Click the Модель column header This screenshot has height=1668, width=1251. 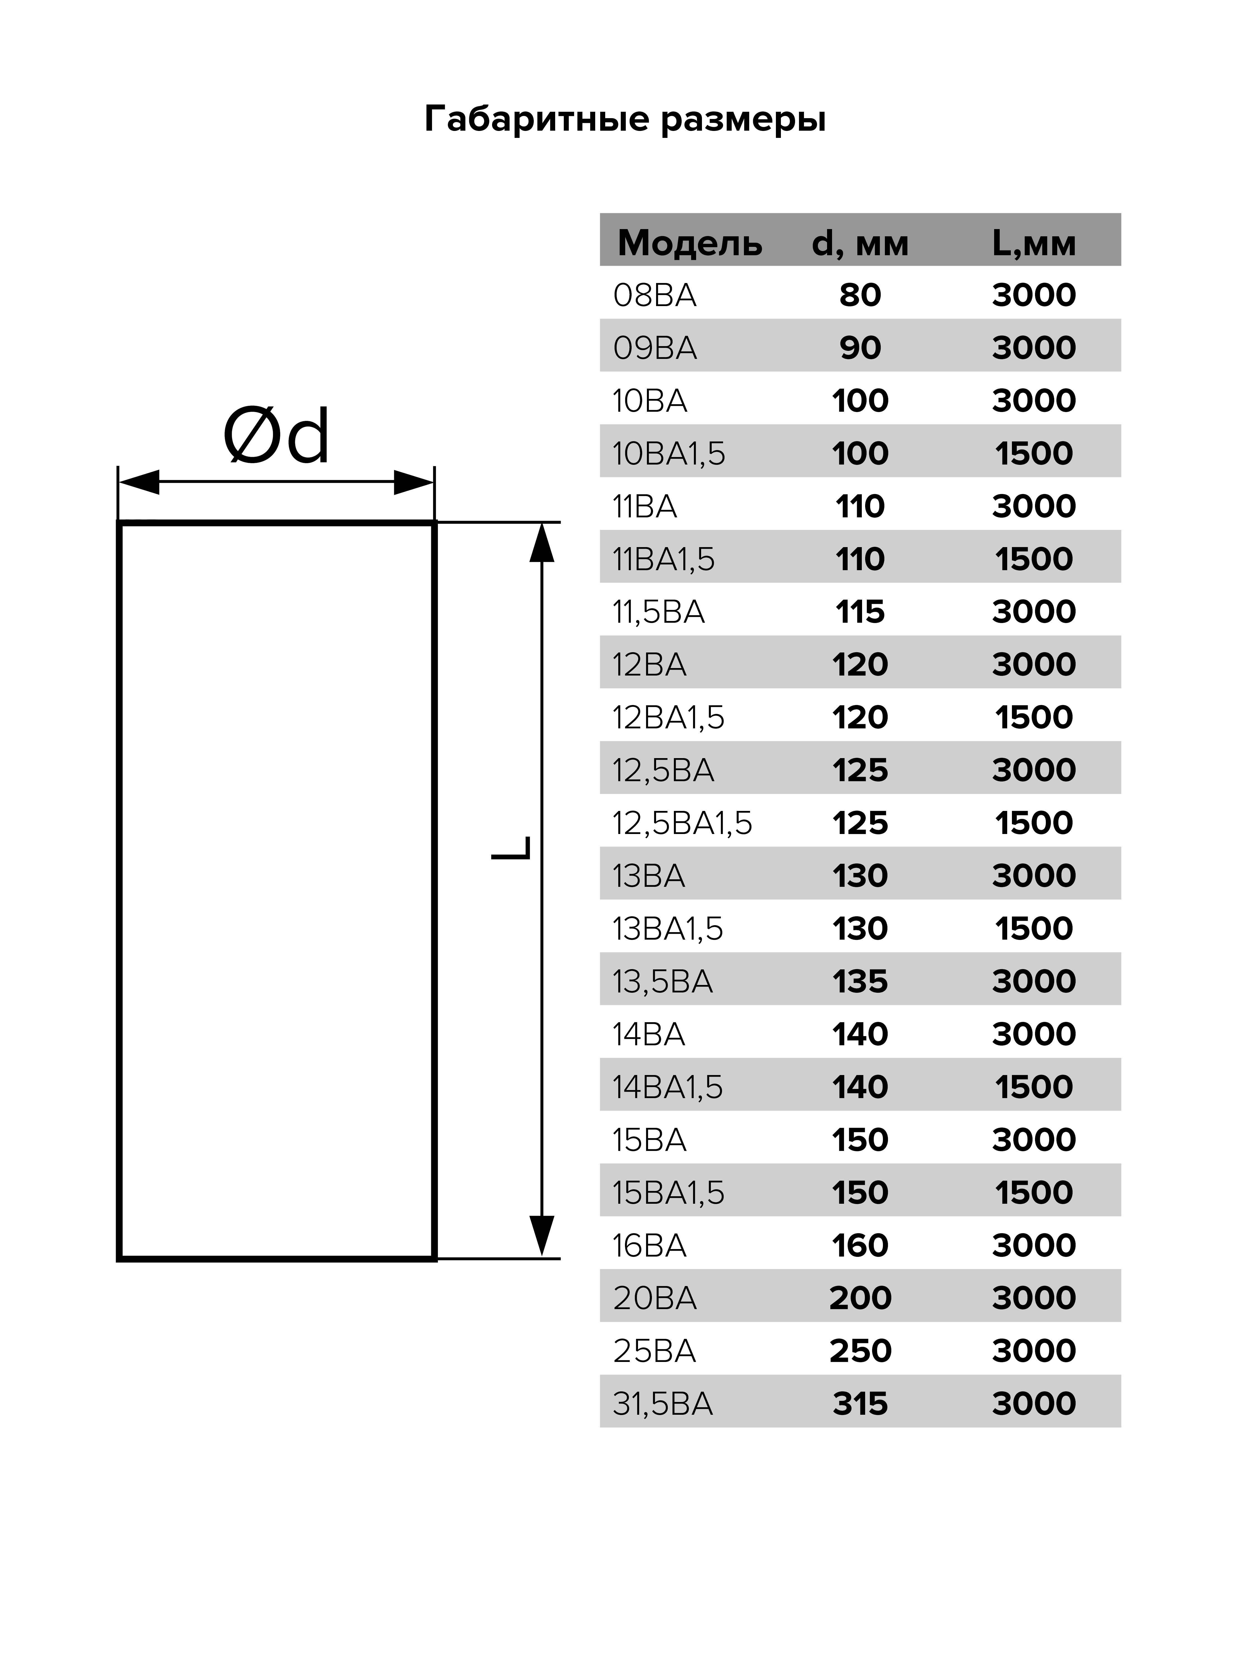pos(689,243)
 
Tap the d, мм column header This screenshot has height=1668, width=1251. pos(860,243)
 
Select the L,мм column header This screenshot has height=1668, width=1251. pos(1033,243)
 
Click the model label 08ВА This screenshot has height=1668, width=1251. pos(654,295)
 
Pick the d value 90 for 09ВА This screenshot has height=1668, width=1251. pos(860,348)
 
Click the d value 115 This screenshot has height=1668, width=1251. pos(860,612)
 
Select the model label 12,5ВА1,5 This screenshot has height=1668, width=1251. pos(682,823)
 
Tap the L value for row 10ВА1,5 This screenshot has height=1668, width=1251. pos(1033,453)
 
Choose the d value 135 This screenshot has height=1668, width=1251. pos(860,981)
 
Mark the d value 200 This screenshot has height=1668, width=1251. pos(860,1298)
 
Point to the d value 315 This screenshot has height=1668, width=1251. pos(860,1403)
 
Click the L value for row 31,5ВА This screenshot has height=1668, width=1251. pos(1033,1403)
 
